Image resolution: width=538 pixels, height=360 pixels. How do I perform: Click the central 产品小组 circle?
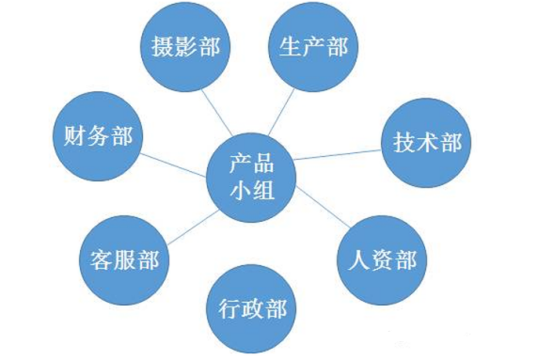pyautogui.click(x=250, y=174)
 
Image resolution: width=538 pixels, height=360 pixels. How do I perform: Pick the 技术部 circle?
pyautogui.click(x=426, y=143)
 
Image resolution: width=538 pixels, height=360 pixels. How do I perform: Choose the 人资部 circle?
pyautogui.click(x=381, y=258)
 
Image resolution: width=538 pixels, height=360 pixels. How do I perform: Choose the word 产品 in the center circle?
pyautogui.click(x=250, y=160)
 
